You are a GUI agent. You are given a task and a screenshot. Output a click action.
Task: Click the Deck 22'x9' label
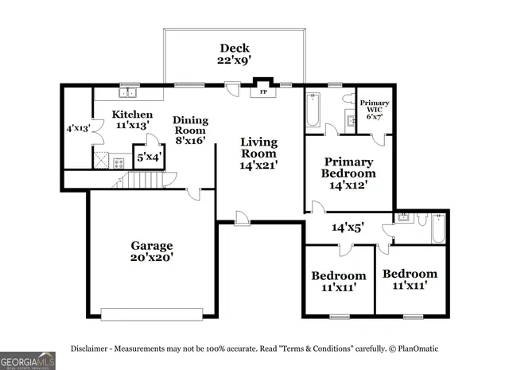[x=235, y=53]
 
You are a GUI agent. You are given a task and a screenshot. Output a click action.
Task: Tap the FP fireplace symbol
[x=262, y=92]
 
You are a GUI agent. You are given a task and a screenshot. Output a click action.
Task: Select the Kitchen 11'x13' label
[x=132, y=120]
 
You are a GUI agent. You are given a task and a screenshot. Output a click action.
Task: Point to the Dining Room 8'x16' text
[x=191, y=130]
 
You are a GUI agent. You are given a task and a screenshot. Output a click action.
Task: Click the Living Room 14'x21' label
[x=259, y=153]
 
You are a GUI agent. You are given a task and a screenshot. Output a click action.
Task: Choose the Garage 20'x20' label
[x=152, y=251]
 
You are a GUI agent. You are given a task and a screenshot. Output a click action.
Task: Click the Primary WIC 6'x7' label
[x=374, y=110]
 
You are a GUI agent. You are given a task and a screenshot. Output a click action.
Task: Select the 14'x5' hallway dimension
[x=348, y=228]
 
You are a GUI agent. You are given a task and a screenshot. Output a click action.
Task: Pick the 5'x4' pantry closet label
[x=150, y=158]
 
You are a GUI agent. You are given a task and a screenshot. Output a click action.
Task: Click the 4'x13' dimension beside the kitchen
[x=78, y=127]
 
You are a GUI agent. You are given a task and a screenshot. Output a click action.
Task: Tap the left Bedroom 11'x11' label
[x=338, y=282]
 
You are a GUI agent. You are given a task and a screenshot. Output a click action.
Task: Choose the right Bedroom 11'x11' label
[x=410, y=279]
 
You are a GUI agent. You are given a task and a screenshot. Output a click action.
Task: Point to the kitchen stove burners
[x=119, y=163]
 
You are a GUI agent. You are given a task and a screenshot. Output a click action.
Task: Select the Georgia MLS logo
[x=28, y=360]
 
